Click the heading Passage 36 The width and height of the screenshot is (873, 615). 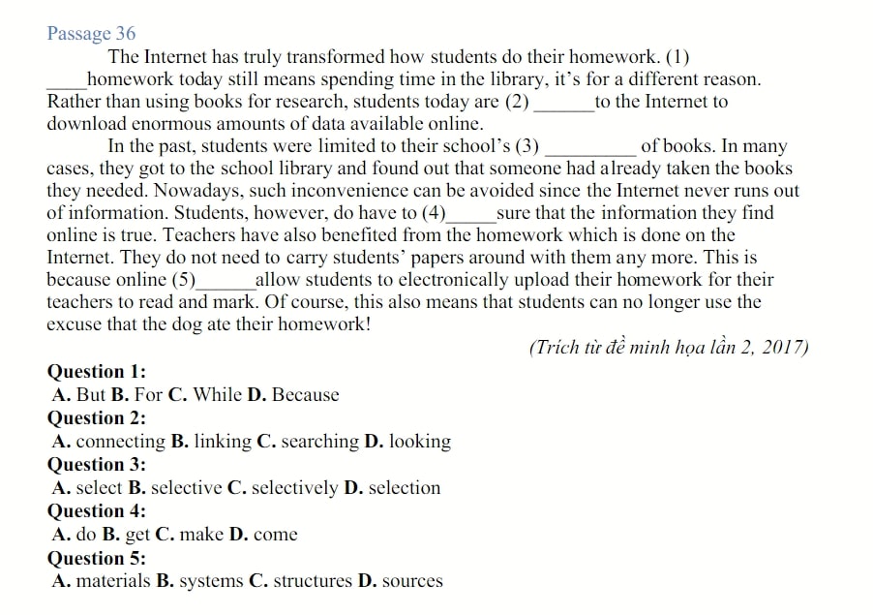(x=91, y=34)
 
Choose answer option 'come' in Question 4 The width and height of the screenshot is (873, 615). (x=275, y=535)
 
